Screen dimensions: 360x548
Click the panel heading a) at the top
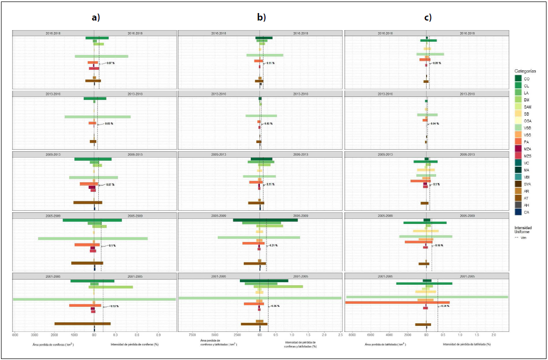pos(95,17)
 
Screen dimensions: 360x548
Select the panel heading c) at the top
pos(428,17)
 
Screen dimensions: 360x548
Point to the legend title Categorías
pos(525,71)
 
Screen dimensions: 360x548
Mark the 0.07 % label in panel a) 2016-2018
pos(110,63)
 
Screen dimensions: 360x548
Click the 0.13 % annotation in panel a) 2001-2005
pos(114,306)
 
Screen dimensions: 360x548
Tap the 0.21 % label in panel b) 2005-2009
pos(273,246)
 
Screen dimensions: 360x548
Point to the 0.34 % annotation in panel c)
pos(444,306)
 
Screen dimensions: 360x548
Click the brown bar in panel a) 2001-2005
pos(82,324)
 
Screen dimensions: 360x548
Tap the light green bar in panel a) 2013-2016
pos(97,117)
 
